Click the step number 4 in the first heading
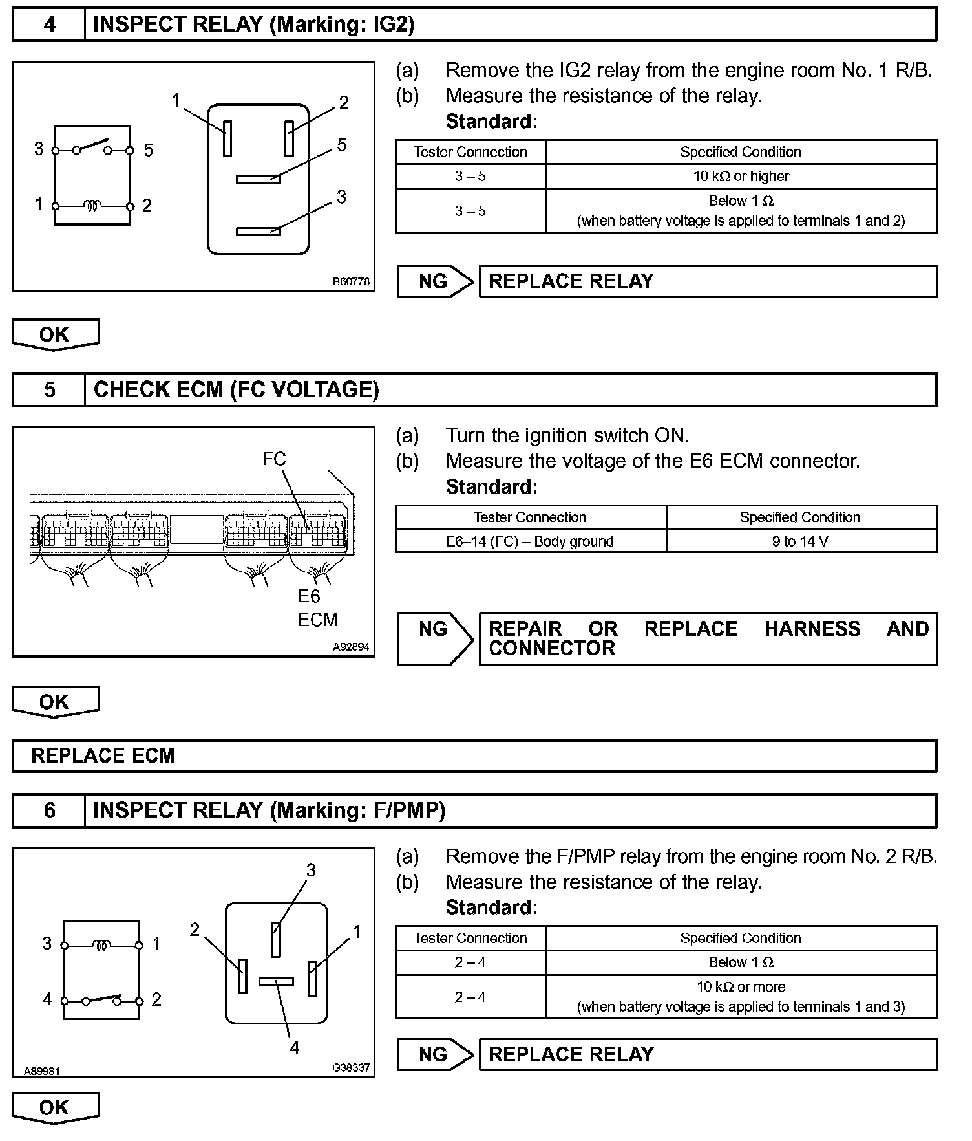(49, 25)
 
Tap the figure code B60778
(351, 281)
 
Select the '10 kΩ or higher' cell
(741, 176)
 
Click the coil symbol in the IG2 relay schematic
(93, 206)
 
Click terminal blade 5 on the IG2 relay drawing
(258, 179)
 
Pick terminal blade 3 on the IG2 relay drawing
(258, 231)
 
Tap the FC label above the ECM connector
(274, 459)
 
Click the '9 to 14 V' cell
(800, 541)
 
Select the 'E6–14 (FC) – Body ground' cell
(530, 541)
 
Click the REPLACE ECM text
(103, 755)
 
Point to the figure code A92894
(351, 646)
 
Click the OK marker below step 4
(55, 334)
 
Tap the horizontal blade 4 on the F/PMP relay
(276, 981)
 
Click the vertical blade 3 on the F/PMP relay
(276, 939)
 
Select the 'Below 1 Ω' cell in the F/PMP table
(741, 962)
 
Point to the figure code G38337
(351, 1067)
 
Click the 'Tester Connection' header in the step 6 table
(470, 938)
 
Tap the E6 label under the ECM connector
(309, 596)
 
